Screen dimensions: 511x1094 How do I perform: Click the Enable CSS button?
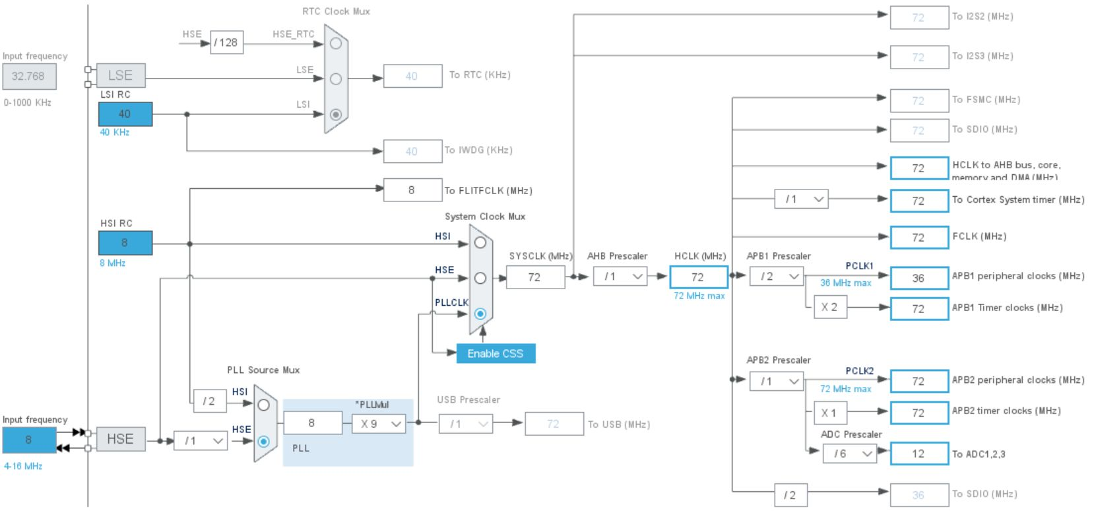(496, 354)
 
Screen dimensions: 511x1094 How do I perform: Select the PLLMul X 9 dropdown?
(379, 424)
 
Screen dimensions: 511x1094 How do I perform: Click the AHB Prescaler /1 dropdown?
(620, 277)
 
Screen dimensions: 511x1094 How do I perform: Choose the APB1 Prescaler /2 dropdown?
(777, 277)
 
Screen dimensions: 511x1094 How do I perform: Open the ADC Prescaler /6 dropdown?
(850, 454)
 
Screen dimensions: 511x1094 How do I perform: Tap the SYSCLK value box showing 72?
(535, 277)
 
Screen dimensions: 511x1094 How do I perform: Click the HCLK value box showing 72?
(698, 277)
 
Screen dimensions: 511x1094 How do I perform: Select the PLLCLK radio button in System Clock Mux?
(480, 314)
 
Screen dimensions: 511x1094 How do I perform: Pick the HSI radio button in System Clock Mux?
(480, 242)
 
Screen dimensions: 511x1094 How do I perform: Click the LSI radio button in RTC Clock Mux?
(336, 114)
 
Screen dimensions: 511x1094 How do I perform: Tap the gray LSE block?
(120, 75)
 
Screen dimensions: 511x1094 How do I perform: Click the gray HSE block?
(120, 439)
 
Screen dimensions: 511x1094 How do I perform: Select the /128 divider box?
(226, 43)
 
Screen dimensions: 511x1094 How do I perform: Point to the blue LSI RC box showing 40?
(125, 114)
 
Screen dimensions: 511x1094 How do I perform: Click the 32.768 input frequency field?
(28, 76)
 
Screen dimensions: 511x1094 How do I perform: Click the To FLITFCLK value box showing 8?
(412, 190)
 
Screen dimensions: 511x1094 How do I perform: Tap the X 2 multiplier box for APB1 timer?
(829, 307)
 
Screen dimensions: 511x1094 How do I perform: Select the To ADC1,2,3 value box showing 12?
(918, 454)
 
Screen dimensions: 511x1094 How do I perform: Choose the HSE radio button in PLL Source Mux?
(263, 441)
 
